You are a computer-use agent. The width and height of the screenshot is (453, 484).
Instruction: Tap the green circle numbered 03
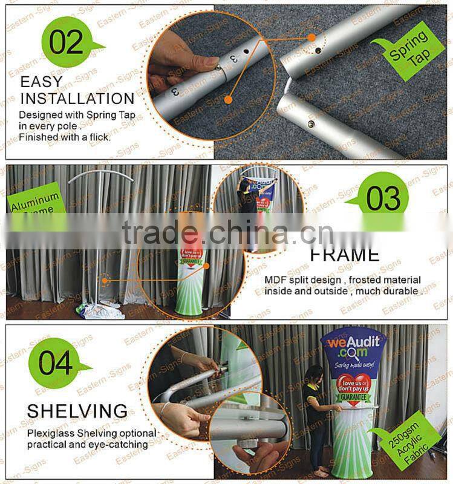tap(383, 198)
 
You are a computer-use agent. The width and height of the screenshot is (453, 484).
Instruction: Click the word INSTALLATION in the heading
tap(77, 98)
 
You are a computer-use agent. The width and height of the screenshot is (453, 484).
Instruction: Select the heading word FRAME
tap(345, 254)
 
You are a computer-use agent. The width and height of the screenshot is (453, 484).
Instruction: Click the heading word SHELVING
tap(77, 411)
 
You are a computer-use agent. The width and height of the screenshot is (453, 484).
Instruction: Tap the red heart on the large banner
tap(352, 386)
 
